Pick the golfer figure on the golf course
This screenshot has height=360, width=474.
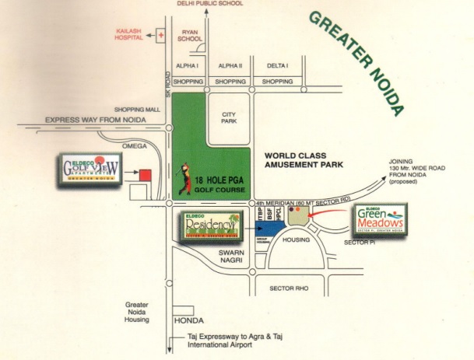pyautogui.click(x=185, y=177)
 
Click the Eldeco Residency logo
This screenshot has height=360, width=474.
pyautogui.click(x=210, y=226)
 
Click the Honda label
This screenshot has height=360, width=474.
pyautogui.click(x=189, y=320)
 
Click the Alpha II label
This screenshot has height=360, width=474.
pyautogui.click(x=230, y=66)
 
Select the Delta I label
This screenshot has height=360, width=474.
pyautogui.click(x=277, y=66)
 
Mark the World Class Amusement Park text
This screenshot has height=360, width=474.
pyautogui.click(x=301, y=161)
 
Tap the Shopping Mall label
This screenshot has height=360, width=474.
pyautogui.click(x=135, y=110)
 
